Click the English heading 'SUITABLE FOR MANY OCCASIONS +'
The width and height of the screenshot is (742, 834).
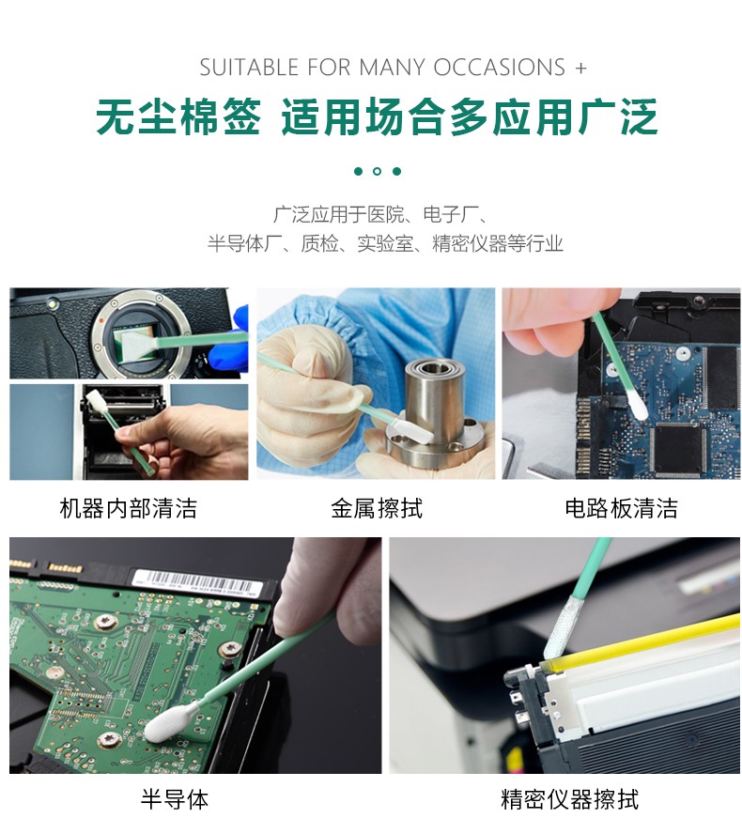click(394, 68)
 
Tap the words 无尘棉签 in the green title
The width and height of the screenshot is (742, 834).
click(178, 116)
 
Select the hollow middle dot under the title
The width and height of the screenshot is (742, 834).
click(378, 171)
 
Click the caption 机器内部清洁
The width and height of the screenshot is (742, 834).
click(128, 508)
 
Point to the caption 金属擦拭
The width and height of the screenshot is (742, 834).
click(377, 508)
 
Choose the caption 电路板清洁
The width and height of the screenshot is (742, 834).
click(621, 508)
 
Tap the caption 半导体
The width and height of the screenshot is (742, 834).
click(175, 799)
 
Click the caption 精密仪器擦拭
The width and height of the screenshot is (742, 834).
click(570, 799)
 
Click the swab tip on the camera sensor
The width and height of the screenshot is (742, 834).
click(139, 346)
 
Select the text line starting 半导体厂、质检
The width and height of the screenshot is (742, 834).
click(385, 243)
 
